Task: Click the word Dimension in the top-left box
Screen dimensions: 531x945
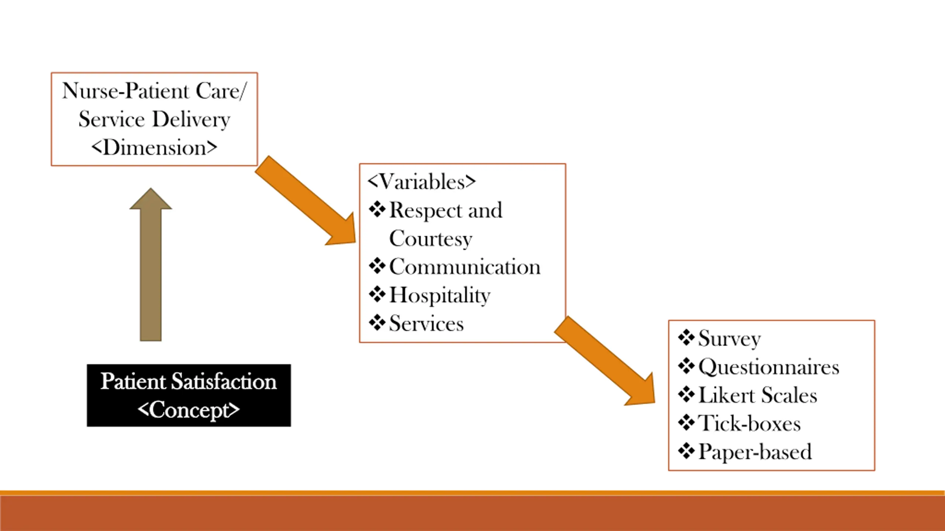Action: [x=154, y=148]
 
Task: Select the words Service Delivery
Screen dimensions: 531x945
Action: [x=154, y=119]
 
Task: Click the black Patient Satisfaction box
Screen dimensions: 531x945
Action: [x=189, y=395]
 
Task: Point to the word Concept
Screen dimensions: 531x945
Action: [x=189, y=410]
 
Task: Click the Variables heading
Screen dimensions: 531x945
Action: [x=422, y=182]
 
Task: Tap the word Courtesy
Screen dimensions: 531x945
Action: [x=430, y=239]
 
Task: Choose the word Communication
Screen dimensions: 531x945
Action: [x=465, y=267]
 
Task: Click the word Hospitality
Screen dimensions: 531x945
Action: [x=440, y=295]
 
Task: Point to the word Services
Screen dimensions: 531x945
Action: [x=426, y=324]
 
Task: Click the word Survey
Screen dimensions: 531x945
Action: [x=729, y=339]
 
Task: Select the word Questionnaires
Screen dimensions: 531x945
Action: [x=769, y=367]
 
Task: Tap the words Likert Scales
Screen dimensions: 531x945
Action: [x=757, y=395]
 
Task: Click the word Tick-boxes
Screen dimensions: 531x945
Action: [x=749, y=423]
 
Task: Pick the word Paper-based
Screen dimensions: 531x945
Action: [x=755, y=452]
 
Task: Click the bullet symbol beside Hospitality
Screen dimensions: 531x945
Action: [x=377, y=295]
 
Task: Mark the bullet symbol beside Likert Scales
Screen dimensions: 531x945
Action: [x=686, y=395]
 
